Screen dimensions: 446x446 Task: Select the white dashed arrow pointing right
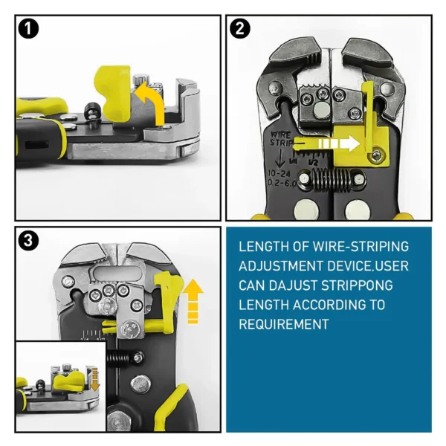click(327, 142)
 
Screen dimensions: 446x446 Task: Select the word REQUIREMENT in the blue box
click(283, 324)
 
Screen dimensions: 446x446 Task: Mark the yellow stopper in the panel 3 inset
click(71, 381)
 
